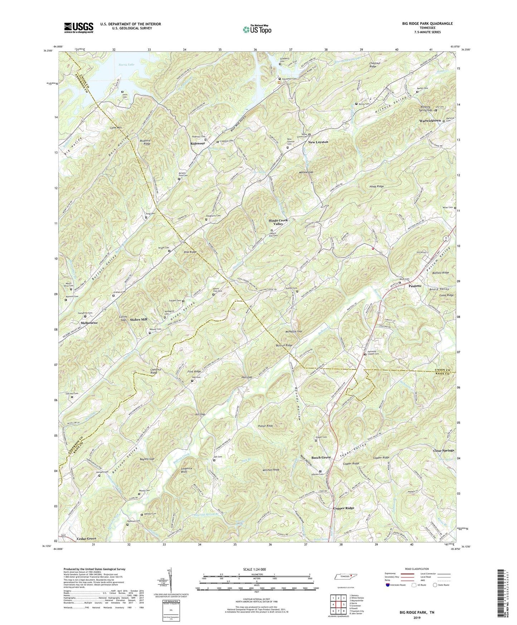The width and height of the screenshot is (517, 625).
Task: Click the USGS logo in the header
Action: [79, 27]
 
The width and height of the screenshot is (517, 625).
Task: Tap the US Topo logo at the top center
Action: [257, 29]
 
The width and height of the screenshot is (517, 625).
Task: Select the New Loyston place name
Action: [318, 142]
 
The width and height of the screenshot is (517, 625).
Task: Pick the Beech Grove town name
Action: [321, 457]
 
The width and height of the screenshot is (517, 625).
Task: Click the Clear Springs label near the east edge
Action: [443, 450]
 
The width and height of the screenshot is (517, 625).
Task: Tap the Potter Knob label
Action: [265, 426]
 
